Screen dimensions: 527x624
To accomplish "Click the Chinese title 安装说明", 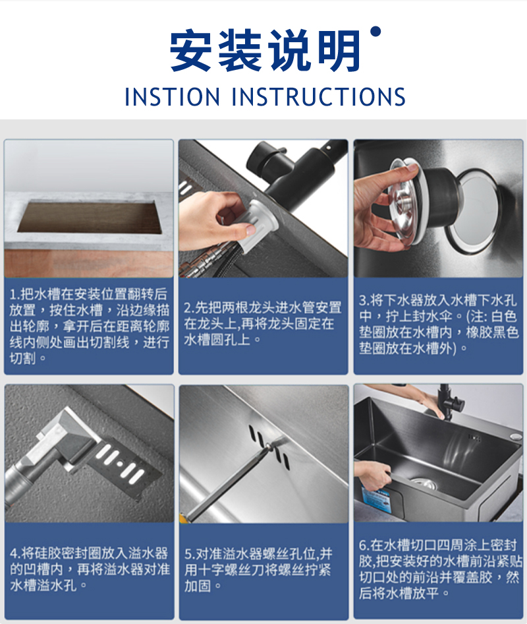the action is [265, 51].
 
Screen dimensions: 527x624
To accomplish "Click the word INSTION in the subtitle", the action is [172, 97].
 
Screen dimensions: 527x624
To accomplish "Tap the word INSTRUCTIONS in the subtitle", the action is [318, 97].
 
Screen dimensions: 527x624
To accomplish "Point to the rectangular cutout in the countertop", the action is [90, 217].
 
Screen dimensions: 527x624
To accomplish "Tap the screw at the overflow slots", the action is [269, 447].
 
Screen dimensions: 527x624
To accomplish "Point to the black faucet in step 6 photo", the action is [449, 402].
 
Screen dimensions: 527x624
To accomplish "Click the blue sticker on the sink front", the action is [375, 500].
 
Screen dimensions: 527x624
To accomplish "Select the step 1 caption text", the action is [89, 326].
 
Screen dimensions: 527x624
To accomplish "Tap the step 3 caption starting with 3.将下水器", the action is [439, 324].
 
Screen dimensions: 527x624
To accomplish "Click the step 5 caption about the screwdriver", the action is [258, 569].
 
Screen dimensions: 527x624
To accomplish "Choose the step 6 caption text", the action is [440, 569].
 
